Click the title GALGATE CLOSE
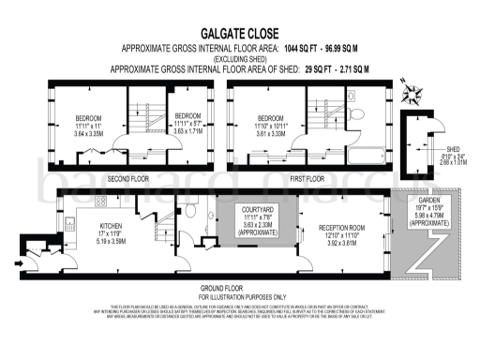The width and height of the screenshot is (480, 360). (x=239, y=31)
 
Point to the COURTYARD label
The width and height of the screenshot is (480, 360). (x=250, y=211)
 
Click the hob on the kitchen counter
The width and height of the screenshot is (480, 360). (x=97, y=202)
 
